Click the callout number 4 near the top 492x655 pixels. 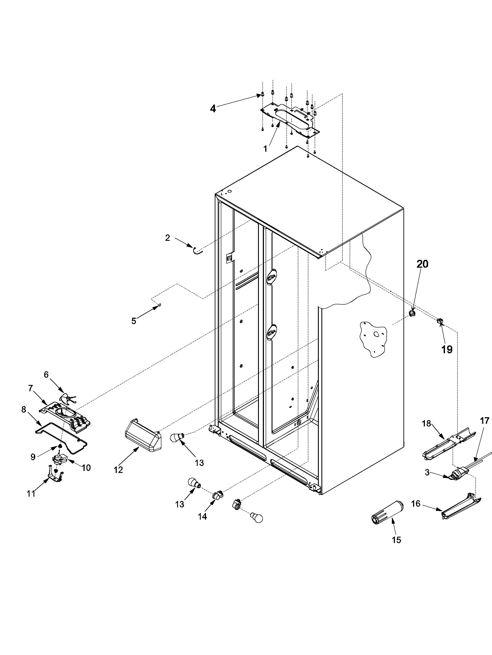pyautogui.click(x=213, y=109)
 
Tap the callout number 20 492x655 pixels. pyautogui.click(x=423, y=264)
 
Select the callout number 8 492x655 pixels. pyautogui.click(x=24, y=410)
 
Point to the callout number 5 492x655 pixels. pyautogui.click(x=134, y=321)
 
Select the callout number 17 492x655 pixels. pyautogui.click(x=484, y=421)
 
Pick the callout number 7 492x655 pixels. pyautogui.click(x=31, y=388)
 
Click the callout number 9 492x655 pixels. pyautogui.click(x=33, y=457)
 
